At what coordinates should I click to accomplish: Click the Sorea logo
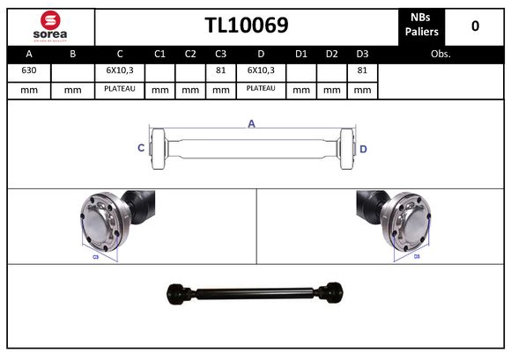pos(49,26)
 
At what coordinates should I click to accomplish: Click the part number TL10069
pos(247,26)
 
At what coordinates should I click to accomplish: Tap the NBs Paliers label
pos(423,26)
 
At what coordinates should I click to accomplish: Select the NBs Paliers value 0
pos(475,26)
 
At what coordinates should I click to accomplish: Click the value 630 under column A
pos(29,70)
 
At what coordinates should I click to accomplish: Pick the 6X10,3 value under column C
pos(119,70)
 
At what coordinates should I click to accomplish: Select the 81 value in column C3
pos(220,70)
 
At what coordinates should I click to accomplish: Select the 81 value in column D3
pos(361,70)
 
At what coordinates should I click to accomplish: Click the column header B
pos(73,54)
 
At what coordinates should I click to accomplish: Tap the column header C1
pos(159,54)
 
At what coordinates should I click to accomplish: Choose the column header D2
pos(331,54)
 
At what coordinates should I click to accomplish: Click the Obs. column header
pos(441,54)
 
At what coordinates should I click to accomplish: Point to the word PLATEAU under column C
pos(119,89)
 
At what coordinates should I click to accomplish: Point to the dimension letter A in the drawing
pos(251,124)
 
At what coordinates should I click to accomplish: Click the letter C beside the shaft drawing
pos(141,149)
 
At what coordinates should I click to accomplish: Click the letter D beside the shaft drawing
pos(363,149)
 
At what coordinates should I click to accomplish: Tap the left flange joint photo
pos(117,223)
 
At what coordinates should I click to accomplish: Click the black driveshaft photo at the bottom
pos(255,291)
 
